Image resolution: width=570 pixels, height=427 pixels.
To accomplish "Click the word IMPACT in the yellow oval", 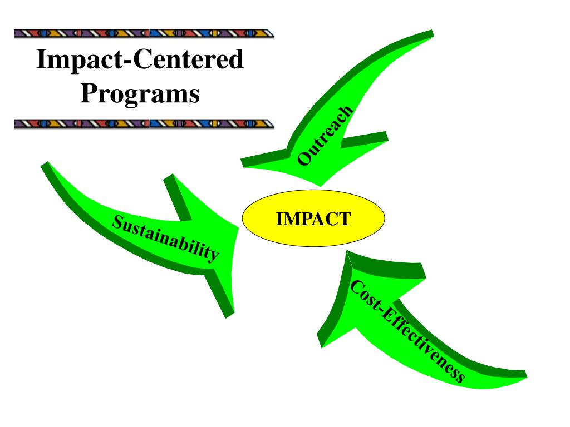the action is [313, 219].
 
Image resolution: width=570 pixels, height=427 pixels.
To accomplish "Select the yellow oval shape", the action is [313, 218].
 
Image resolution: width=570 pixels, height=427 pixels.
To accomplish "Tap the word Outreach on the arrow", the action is [325, 136].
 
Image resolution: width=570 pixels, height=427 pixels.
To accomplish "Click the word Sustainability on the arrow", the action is [165, 238].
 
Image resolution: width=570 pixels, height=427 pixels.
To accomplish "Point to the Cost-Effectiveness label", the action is [407, 331].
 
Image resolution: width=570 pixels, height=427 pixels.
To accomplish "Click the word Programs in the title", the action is [140, 93].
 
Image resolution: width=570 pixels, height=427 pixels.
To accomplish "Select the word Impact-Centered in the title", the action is [140, 59].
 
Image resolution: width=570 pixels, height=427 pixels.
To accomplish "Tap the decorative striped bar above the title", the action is [144, 34].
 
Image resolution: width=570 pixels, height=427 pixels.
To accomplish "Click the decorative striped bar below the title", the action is [144, 124].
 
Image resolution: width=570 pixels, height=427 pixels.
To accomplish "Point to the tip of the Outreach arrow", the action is [320, 186].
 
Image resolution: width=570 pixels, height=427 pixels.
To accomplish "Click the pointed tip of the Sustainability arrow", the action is [238, 228].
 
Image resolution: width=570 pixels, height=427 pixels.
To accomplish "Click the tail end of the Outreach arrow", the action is [433, 34].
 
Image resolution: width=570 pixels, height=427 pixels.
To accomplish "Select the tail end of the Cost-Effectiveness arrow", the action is [525, 375].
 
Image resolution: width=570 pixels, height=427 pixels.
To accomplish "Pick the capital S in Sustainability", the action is [117, 221].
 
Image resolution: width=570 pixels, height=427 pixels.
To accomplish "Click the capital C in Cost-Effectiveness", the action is [357, 287].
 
